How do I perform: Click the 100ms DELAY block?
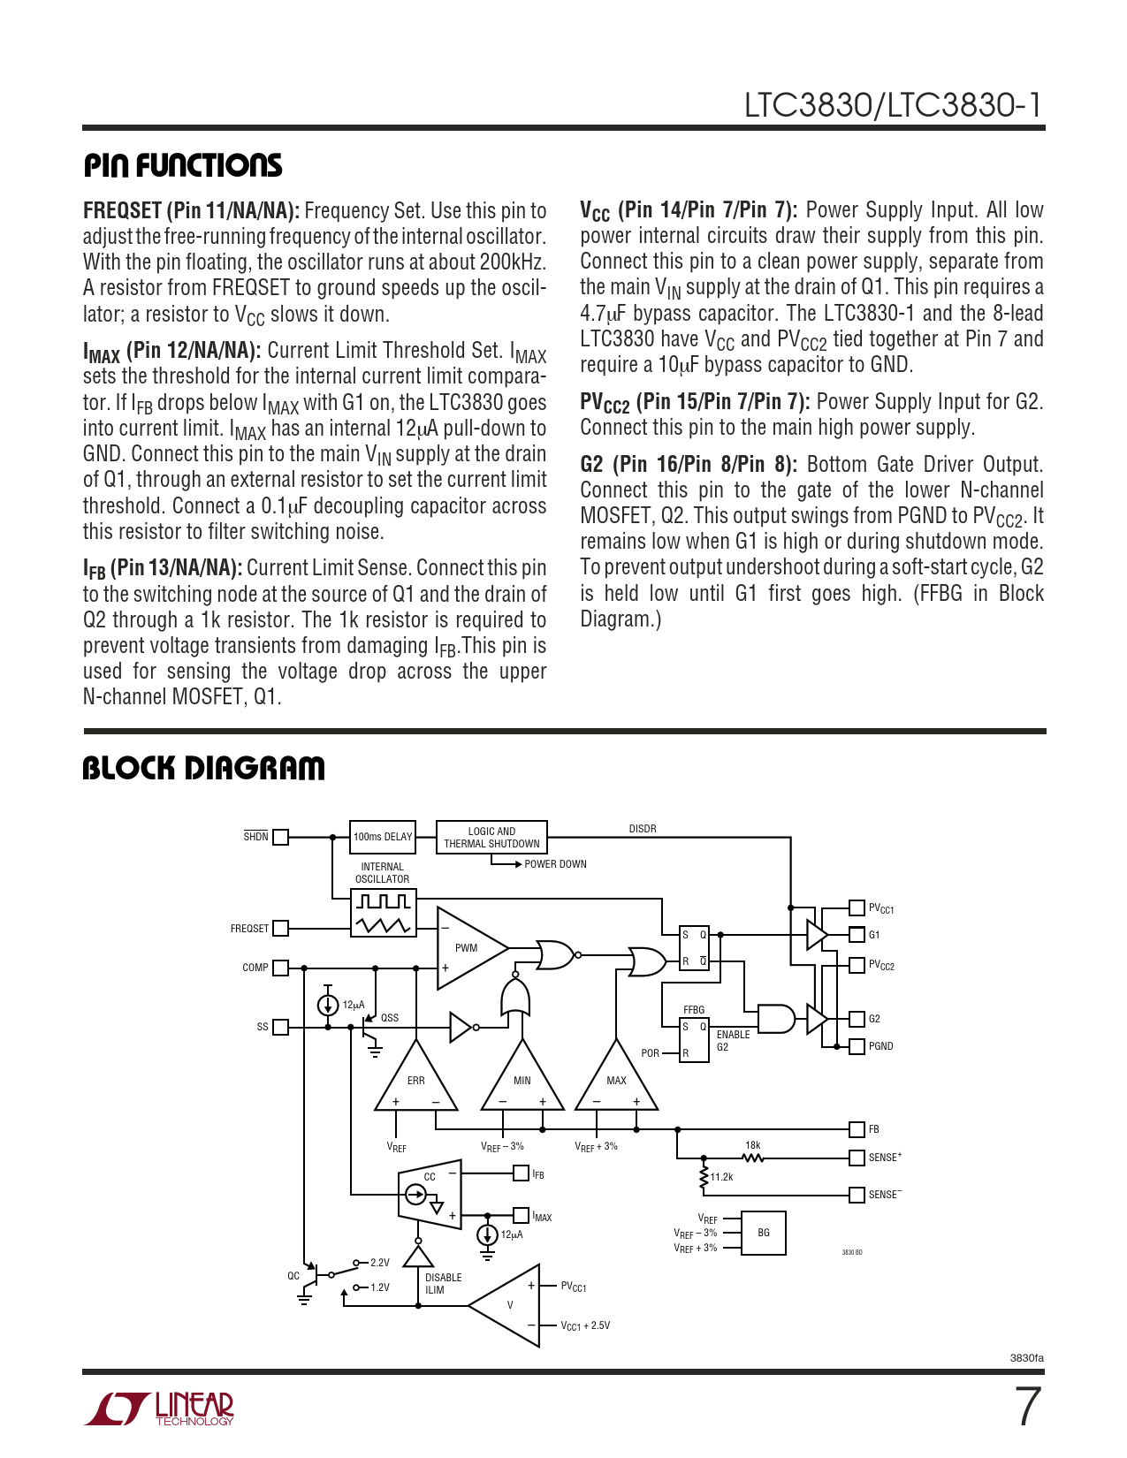(383, 836)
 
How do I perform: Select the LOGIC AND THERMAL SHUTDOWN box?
(491, 837)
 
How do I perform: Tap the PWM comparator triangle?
(469, 948)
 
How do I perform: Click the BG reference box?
(764, 1233)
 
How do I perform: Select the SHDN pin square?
(281, 837)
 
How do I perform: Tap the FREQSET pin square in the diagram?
(281, 928)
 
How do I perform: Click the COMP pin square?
(281, 968)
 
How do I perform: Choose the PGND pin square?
(857, 1046)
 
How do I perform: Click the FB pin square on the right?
(857, 1129)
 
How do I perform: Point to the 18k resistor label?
(752, 1145)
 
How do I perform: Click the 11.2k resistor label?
(722, 1177)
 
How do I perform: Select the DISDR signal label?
(643, 829)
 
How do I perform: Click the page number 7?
(1027, 1407)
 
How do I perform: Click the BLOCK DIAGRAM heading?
(203, 768)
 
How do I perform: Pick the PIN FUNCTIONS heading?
(183, 165)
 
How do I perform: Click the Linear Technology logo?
(160, 1409)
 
